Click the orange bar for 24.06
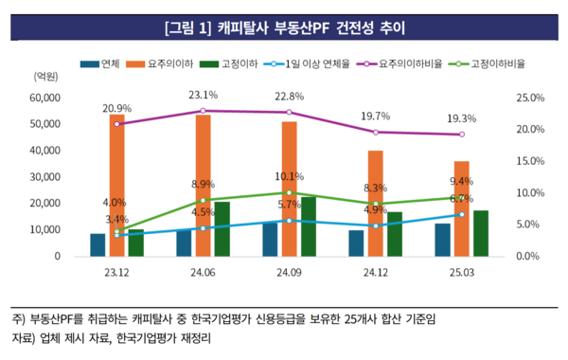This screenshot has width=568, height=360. click(x=203, y=185)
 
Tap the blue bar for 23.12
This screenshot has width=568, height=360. click(x=98, y=244)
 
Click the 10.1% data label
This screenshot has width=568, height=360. click(x=290, y=177)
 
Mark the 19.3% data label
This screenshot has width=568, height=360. click(x=461, y=119)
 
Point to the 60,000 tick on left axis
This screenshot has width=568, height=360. click(x=45, y=98)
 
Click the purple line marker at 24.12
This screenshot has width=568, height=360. click(x=376, y=132)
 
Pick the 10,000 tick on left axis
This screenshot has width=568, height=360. click(x=45, y=230)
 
